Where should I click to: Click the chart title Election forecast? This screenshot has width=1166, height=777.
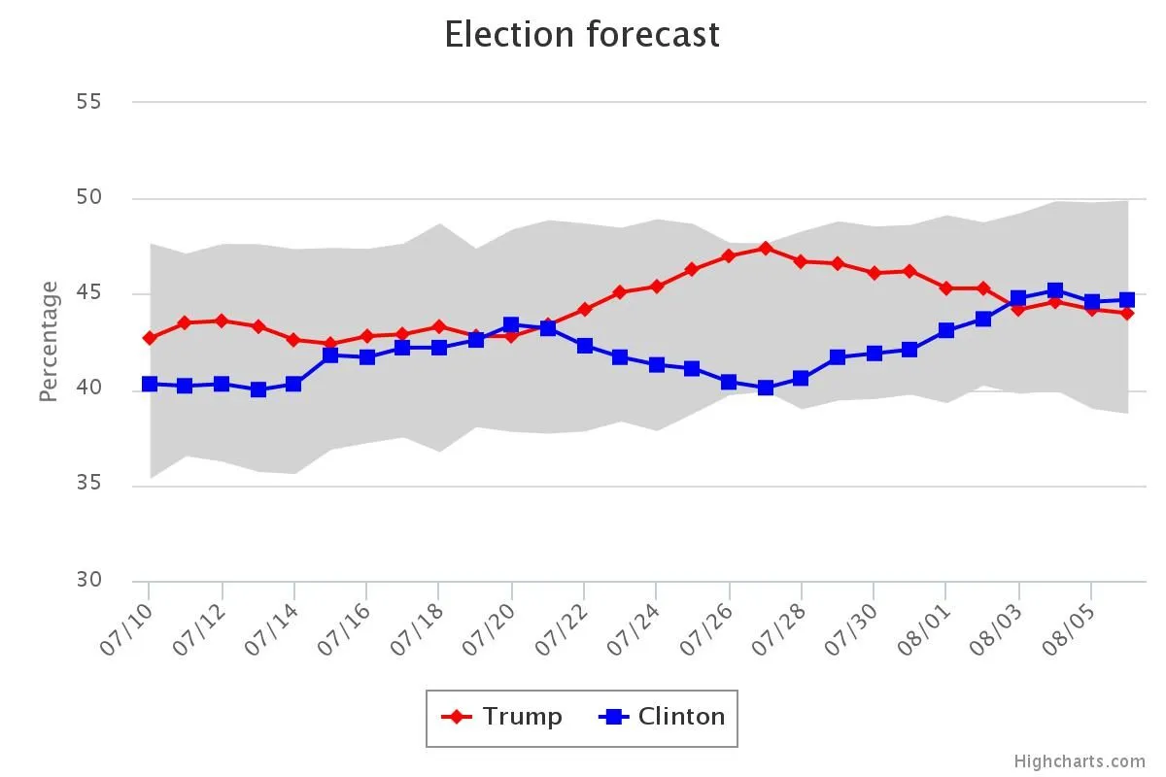point(582,35)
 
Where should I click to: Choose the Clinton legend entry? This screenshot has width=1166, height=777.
point(663,717)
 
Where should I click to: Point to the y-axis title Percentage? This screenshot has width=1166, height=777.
point(49,341)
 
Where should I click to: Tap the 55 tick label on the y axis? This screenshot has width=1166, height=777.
point(89,102)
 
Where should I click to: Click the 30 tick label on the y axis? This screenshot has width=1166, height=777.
point(89,580)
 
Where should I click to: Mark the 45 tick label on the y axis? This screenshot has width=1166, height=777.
point(89,293)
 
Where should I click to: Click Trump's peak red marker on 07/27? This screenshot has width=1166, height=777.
point(766,248)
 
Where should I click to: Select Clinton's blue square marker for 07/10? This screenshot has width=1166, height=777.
point(150,384)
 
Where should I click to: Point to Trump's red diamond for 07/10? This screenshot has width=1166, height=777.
point(150,338)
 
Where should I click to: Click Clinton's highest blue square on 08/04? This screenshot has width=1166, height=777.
point(1055,290)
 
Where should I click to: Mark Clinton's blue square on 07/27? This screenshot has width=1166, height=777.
point(766,388)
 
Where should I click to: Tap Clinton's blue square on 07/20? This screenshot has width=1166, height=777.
point(512,324)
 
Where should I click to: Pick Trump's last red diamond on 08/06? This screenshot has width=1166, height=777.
point(1127,313)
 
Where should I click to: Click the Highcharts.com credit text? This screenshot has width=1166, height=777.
point(1080,761)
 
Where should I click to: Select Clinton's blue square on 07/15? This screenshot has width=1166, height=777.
point(330,355)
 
